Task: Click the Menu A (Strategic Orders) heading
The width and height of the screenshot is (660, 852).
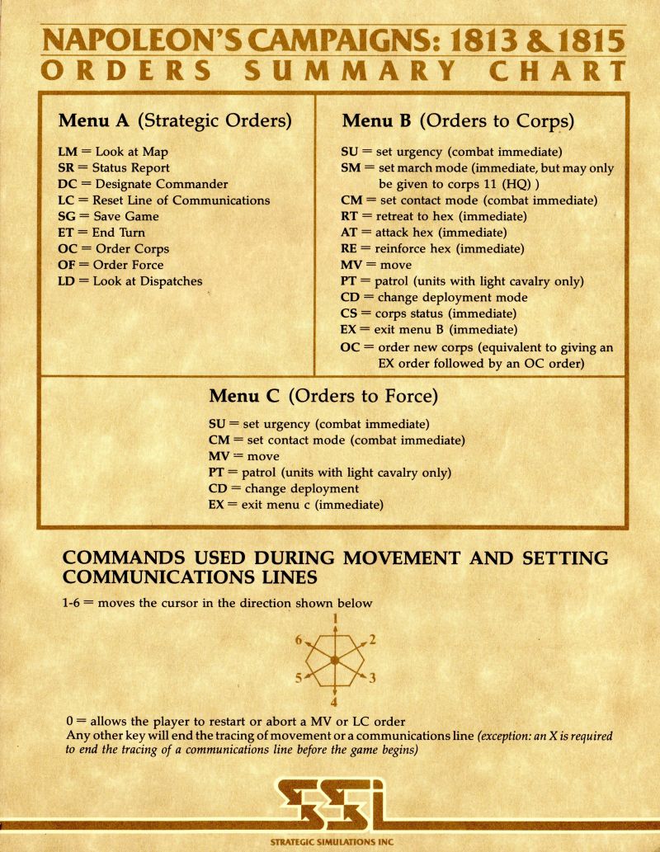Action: (175, 120)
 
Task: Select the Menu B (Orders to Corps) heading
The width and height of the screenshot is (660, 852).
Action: (458, 120)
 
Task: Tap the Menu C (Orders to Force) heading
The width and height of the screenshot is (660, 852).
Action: (323, 396)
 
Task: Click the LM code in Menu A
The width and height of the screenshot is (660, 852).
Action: (68, 153)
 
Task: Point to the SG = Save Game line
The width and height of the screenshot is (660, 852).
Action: (109, 216)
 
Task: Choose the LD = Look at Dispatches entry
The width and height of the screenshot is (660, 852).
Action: (130, 280)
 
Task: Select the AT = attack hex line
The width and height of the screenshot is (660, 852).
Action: (422, 233)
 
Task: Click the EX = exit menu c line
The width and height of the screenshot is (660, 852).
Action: (296, 504)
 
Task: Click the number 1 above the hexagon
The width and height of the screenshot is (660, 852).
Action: (335, 619)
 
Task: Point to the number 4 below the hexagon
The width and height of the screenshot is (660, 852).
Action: (334, 703)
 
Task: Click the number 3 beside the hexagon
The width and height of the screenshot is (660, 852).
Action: (372, 679)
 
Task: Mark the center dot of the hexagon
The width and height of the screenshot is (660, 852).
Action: (334, 661)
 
